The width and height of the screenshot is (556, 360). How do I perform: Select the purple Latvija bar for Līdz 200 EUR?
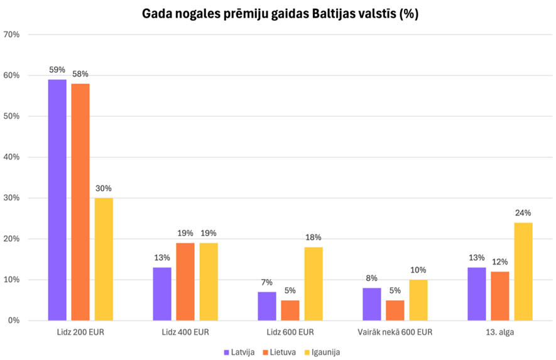point(57,200)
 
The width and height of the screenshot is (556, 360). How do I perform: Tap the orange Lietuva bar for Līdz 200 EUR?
point(80,202)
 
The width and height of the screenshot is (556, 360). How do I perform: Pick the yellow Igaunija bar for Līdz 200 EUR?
point(104,259)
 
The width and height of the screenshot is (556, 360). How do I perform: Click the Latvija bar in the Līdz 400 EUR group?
point(162,293)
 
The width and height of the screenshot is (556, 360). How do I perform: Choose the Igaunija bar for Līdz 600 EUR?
point(313,283)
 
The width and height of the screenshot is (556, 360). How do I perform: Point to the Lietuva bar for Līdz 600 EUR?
point(290,310)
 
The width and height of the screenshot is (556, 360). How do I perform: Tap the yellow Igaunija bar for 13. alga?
point(523,271)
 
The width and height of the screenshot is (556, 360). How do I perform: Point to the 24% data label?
point(523,213)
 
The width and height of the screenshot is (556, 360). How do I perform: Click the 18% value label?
point(313,237)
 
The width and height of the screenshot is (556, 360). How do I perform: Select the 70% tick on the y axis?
point(12,35)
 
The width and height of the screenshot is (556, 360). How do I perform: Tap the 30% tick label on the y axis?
point(12,198)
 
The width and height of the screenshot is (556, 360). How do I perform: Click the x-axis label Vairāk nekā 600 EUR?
point(395,332)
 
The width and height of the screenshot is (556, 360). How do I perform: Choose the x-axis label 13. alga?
point(500,332)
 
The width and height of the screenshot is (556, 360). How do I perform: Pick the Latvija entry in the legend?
point(239,352)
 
